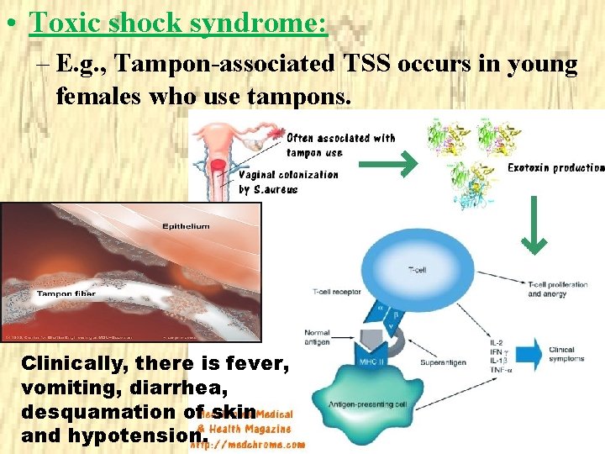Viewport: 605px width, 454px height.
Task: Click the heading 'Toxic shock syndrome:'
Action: [177, 23]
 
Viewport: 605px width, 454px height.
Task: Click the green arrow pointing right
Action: [387, 163]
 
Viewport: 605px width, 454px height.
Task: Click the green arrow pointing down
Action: [534, 224]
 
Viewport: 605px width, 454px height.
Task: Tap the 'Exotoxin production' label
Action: [555, 168]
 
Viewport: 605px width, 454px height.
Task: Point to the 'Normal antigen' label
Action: [318, 337]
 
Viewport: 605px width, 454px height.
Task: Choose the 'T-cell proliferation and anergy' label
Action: [557, 289]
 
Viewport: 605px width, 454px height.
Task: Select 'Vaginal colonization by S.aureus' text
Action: [287, 182]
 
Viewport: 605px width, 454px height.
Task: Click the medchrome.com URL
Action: [248, 445]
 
